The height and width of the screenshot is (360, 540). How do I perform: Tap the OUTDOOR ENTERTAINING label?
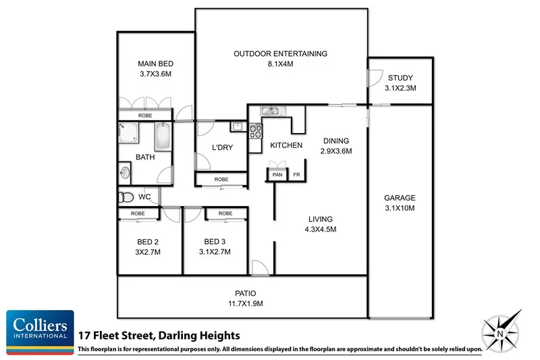point(280,54)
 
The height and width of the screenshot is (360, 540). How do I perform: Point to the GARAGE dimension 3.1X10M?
point(400,208)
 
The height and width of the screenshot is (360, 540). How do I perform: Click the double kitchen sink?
point(271,111)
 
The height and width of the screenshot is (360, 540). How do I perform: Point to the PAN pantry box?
point(277,175)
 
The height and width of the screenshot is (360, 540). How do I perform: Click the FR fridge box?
point(296,175)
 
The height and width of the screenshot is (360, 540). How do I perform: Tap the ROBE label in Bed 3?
point(225,213)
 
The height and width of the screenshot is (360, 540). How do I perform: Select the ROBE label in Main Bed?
point(145,115)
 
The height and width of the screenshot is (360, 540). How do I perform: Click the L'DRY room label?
point(222,147)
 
